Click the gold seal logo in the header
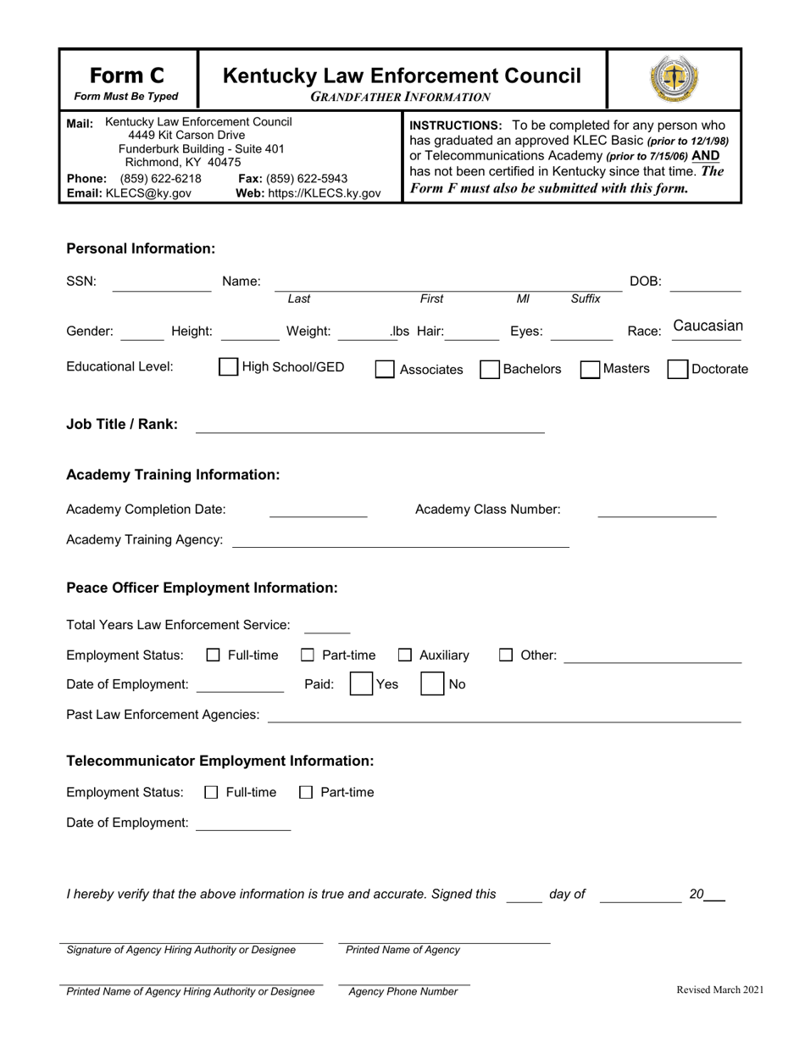(674, 80)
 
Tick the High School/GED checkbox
(228, 367)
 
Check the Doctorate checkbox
(677, 369)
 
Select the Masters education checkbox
(590, 369)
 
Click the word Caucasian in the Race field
(708, 326)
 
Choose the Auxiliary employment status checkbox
(405, 655)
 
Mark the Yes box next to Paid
(362, 683)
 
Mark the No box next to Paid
(432, 683)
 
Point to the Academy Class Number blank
(657, 510)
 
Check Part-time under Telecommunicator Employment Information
(306, 792)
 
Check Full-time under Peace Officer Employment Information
(214, 655)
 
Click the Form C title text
(127, 75)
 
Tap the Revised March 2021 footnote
(719, 990)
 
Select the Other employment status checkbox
(506, 655)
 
